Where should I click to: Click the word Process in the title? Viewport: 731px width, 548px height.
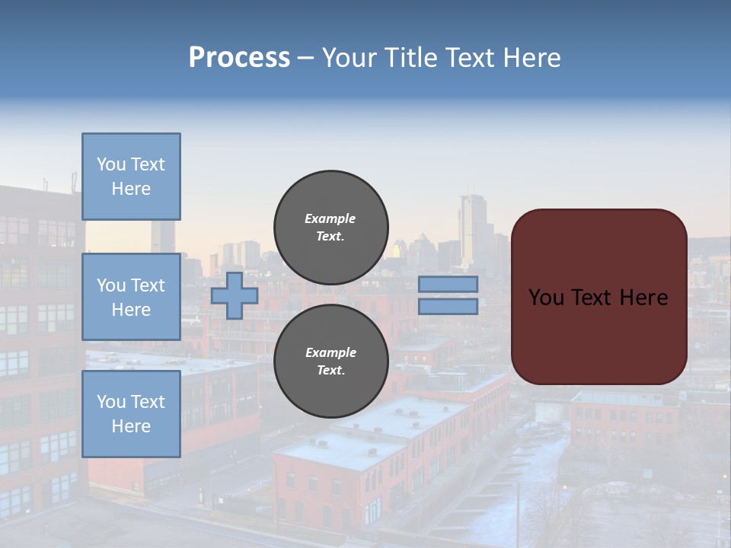[x=239, y=58]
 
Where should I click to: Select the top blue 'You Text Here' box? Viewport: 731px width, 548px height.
[x=131, y=177]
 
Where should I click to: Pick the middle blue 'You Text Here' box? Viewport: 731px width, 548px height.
[x=131, y=297]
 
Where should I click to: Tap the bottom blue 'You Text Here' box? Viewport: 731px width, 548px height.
[x=131, y=413]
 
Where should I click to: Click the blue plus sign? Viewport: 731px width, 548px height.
[x=235, y=295]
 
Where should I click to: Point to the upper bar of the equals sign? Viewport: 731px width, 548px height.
[x=448, y=284]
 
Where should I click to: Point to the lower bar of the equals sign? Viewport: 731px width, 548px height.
[x=448, y=306]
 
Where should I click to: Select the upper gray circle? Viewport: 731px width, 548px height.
[x=330, y=227]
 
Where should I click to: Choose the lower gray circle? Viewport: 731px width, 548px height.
[x=330, y=361]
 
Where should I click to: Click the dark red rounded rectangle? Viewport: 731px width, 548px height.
[x=599, y=296]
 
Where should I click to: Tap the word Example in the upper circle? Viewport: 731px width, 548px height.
[x=330, y=218]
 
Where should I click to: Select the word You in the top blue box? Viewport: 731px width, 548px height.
[x=111, y=164]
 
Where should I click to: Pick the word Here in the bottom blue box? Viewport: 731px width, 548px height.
[x=131, y=426]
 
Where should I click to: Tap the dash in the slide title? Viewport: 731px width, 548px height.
[x=305, y=58]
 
